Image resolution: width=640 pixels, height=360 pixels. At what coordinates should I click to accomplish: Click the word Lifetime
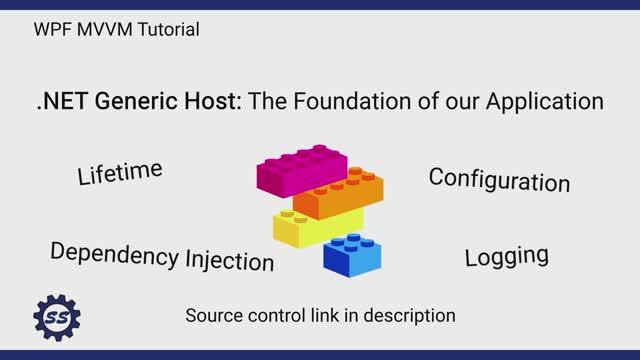(x=120, y=172)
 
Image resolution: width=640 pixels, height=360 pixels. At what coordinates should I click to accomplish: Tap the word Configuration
(x=499, y=179)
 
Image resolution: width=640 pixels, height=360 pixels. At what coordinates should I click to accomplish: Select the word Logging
(x=506, y=255)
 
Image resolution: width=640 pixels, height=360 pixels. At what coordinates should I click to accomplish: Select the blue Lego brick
(x=351, y=254)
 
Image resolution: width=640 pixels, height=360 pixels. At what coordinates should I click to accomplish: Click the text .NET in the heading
(x=59, y=101)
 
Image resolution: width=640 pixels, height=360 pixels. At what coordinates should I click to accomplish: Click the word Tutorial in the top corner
(x=167, y=30)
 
